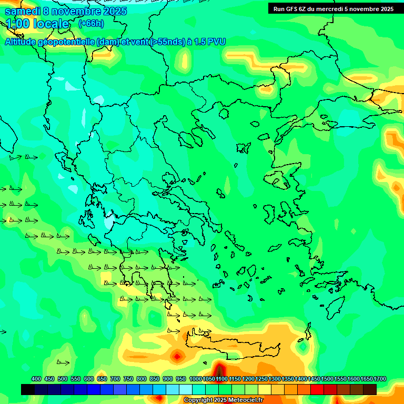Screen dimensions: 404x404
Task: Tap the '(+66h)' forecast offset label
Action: coord(91,24)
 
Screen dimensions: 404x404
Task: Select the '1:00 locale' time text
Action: coord(37,24)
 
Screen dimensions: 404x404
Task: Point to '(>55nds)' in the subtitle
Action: coord(168,42)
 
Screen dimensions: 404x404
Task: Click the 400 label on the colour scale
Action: coord(36,379)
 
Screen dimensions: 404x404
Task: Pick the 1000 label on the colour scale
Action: coord(195,379)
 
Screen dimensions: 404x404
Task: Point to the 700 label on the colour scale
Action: coord(115,379)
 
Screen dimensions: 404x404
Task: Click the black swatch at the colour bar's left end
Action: coord(28,389)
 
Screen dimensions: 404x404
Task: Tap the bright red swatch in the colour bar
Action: coord(317,389)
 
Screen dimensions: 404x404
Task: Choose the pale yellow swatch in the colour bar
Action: coord(265,389)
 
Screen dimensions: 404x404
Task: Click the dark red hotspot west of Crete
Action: coord(177,356)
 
